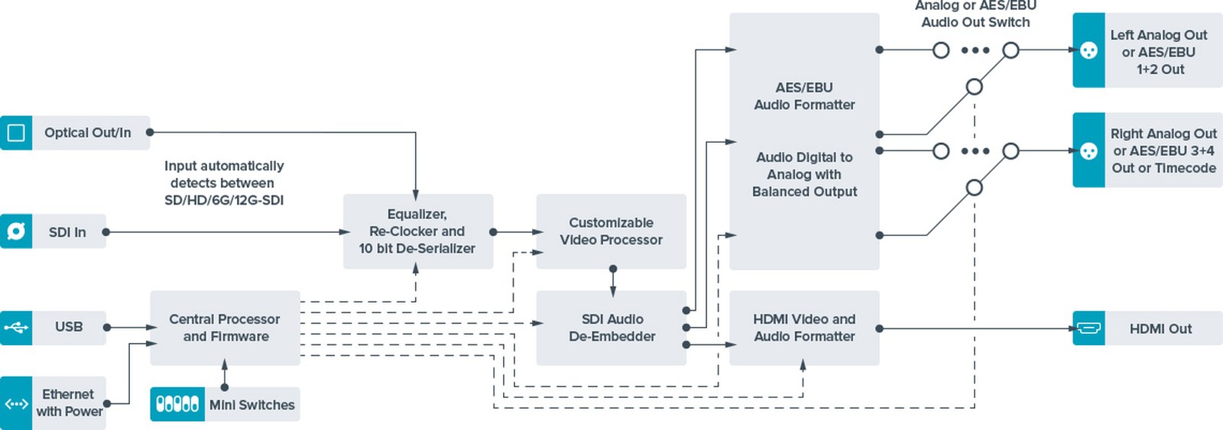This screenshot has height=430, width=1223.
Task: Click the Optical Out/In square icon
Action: pyautogui.click(x=16, y=133)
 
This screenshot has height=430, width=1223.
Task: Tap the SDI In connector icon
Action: pyautogui.click(x=16, y=231)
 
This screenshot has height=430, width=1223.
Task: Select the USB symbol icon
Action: pyautogui.click(x=16, y=328)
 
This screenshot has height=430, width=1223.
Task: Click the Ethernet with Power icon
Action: pyautogui.click(x=16, y=403)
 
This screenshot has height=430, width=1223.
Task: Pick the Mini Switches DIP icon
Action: pyautogui.click(x=177, y=404)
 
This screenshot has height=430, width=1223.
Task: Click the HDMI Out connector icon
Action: pyautogui.click(x=1088, y=328)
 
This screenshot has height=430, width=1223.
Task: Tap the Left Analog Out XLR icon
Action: pyautogui.click(x=1088, y=50)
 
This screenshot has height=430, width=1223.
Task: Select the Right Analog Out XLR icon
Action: pyautogui.click(x=1088, y=150)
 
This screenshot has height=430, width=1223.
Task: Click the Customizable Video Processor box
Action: pyautogui.click(x=611, y=231)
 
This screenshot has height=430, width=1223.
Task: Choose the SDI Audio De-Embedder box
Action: pyautogui.click(x=611, y=328)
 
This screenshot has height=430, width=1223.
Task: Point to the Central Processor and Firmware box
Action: pyautogui.click(x=225, y=328)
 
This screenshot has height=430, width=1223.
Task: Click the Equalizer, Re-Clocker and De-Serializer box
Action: pyautogui.click(x=417, y=231)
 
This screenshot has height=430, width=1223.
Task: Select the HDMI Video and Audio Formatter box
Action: pyautogui.click(x=804, y=328)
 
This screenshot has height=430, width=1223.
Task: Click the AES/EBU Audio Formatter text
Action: pyautogui.click(x=804, y=96)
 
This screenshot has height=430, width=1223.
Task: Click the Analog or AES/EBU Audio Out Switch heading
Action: pyautogui.click(x=975, y=15)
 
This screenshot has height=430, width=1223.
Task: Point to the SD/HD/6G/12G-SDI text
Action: pyautogui.click(x=224, y=200)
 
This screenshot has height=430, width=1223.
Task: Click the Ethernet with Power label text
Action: pyautogui.click(x=69, y=403)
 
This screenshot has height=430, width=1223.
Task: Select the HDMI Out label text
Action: pyautogui.click(x=1160, y=329)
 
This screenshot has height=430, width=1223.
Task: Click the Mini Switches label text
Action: pyautogui.click(x=251, y=405)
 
